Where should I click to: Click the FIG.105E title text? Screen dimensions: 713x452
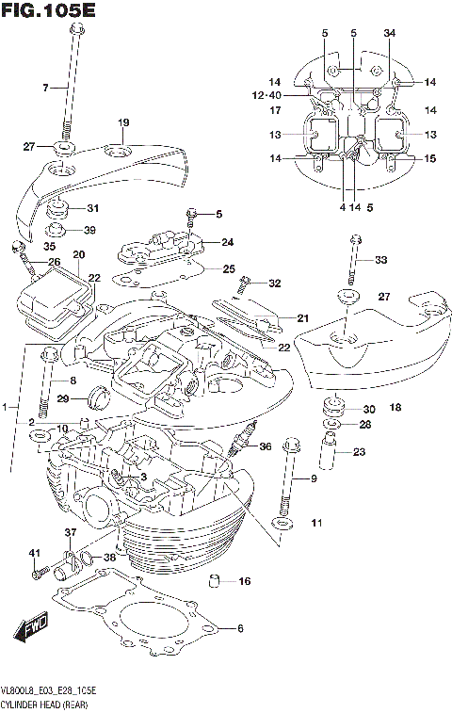50,11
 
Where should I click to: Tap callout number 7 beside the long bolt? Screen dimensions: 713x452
43,88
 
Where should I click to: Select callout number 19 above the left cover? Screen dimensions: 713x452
122,123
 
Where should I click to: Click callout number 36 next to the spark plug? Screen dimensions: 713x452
265,447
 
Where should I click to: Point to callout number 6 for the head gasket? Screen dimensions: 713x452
239,628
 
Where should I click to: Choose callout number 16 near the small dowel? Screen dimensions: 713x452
245,581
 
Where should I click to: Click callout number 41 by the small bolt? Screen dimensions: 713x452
32,552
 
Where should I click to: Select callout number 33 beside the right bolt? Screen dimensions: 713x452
380,260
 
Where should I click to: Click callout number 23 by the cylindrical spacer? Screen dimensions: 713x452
360,452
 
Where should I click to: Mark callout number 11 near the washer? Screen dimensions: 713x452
316,523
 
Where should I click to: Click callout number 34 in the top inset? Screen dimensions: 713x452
390,34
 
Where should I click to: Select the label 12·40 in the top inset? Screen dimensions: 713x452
266,95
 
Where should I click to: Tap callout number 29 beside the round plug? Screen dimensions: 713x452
64,399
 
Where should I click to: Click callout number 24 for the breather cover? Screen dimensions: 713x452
227,242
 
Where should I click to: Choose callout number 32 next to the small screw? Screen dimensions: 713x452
274,284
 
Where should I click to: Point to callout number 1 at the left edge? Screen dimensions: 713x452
6,407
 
